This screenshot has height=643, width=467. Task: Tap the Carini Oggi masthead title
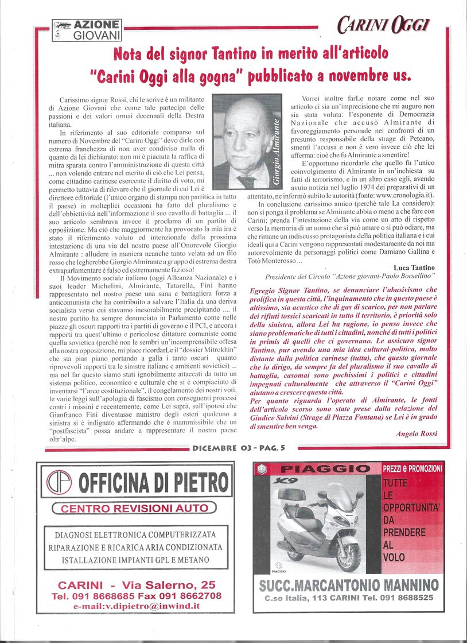[383, 26]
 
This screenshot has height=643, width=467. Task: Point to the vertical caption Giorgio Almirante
[277, 150]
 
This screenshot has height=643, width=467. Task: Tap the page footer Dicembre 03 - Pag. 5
[238, 448]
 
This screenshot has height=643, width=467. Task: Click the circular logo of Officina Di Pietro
[61, 483]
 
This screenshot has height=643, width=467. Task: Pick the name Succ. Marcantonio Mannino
[348, 586]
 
